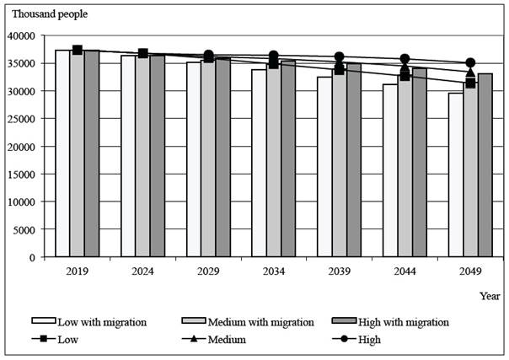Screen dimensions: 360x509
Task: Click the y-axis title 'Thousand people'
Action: click(x=49, y=14)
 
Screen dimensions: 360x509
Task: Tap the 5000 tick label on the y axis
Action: click(x=35, y=229)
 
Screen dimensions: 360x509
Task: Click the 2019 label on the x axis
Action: click(x=77, y=271)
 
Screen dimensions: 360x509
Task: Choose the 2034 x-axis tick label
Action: click(x=273, y=271)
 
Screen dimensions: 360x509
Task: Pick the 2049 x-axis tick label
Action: click(x=470, y=271)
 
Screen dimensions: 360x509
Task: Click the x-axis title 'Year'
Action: click(x=490, y=296)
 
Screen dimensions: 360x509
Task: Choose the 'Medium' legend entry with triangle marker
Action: click(x=222, y=339)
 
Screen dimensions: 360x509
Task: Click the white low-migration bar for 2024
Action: click(x=128, y=156)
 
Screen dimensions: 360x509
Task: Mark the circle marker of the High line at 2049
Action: click(x=470, y=63)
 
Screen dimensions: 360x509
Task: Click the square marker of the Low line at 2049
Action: click(x=470, y=83)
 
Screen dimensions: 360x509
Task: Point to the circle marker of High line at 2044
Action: click(x=405, y=59)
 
